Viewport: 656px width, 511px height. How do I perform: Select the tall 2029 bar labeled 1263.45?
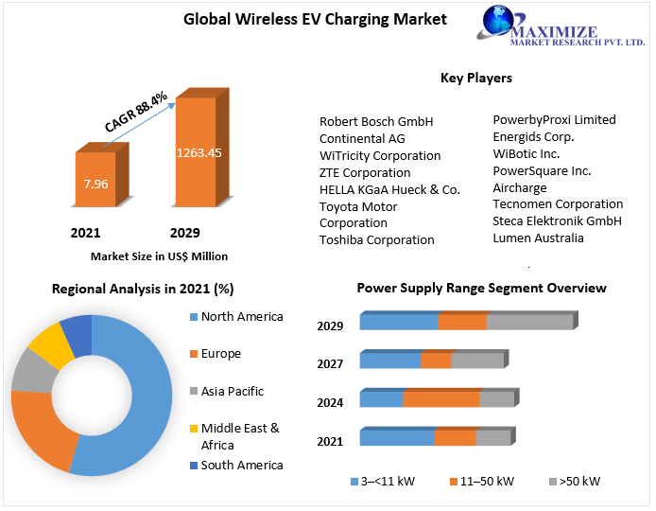point(196,151)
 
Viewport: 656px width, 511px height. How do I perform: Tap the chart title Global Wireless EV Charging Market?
point(302,18)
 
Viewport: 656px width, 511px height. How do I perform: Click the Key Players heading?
point(476,78)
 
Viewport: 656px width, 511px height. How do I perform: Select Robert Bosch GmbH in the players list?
point(376,121)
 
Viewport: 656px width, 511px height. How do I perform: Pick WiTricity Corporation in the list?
point(380,155)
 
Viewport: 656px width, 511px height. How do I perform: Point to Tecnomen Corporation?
point(558,203)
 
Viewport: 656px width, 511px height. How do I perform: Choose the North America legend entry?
point(242,317)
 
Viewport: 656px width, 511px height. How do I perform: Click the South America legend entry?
point(242,465)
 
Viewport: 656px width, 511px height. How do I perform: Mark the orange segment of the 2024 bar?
point(441,399)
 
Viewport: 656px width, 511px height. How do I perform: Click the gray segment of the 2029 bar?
point(529,322)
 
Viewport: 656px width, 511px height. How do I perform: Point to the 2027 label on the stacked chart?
point(330,364)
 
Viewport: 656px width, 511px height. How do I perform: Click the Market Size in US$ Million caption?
point(159,256)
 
